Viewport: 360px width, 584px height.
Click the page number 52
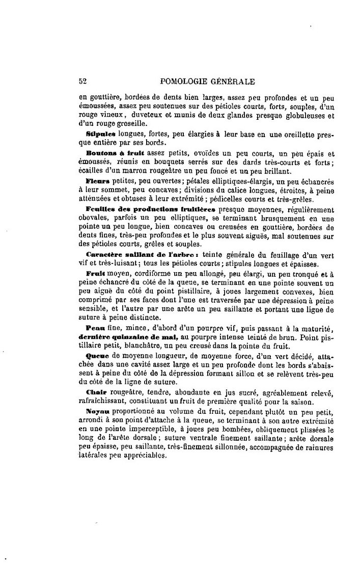pos(83,80)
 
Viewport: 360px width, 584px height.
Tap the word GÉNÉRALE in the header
pos(233,80)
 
